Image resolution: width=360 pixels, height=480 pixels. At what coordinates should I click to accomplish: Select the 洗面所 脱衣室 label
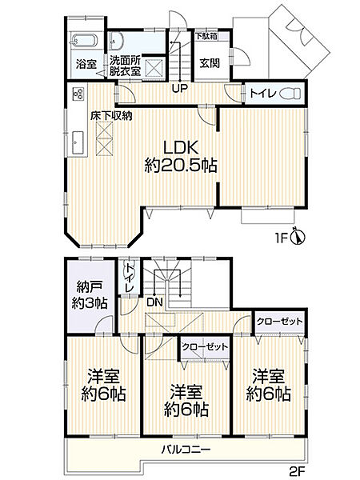coord(125,64)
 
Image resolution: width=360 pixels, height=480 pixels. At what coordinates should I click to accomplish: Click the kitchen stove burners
coord(78,94)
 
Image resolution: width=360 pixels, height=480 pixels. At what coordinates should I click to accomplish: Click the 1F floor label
coord(281,237)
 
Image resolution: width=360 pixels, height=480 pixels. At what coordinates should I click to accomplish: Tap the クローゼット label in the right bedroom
coord(279,322)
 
